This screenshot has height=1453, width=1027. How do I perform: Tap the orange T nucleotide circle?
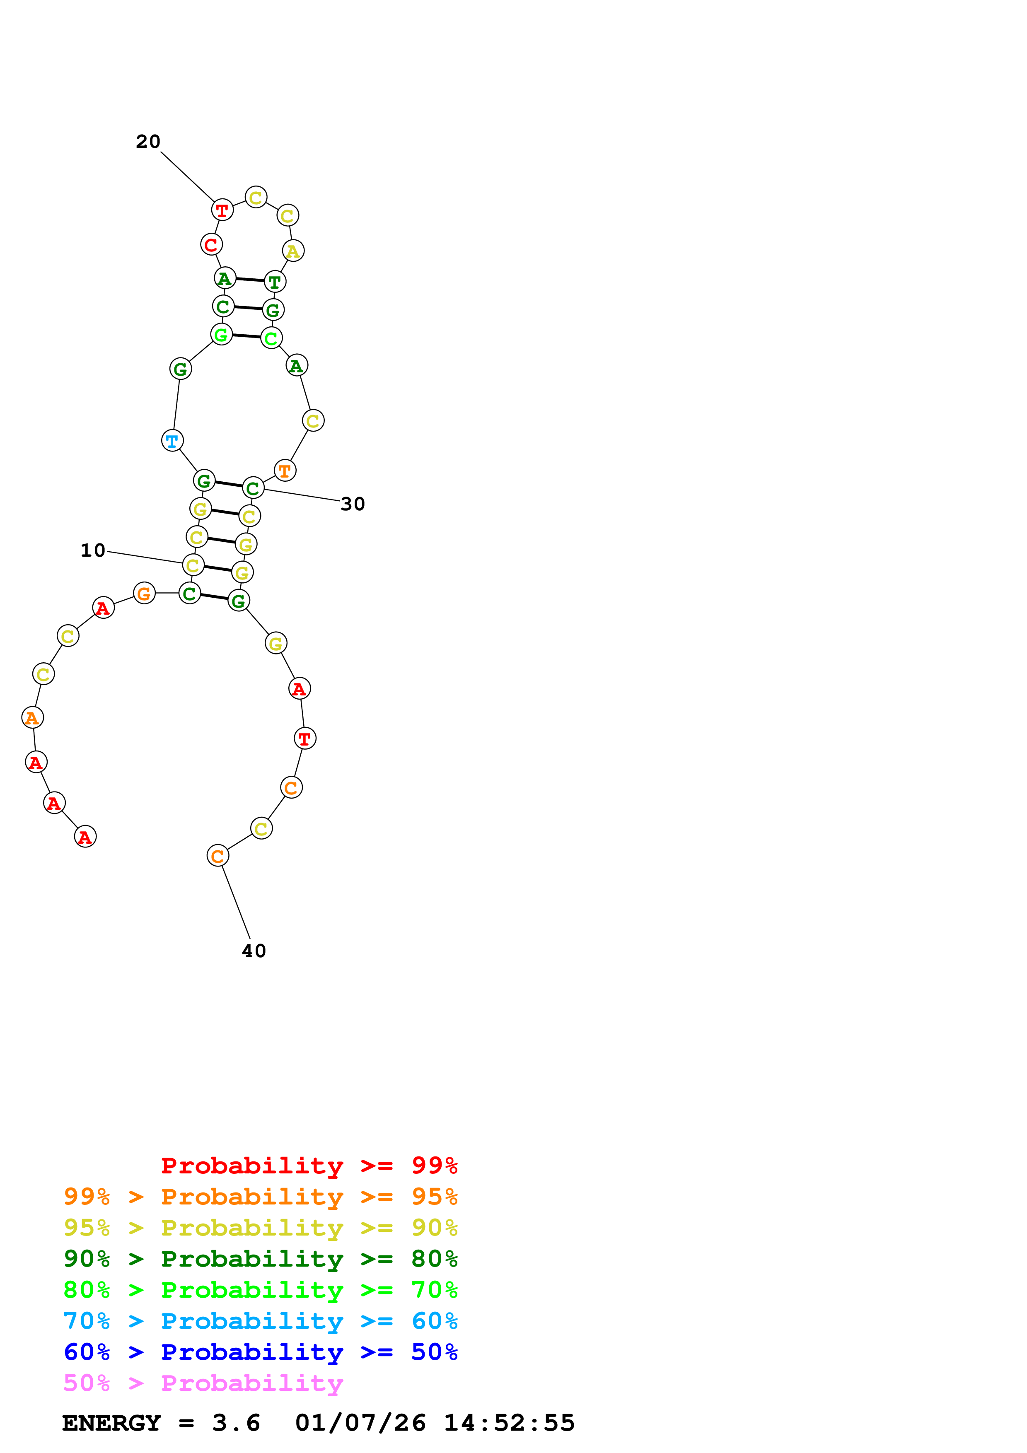pos(285,471)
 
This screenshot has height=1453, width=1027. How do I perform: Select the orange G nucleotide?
pos(144,593)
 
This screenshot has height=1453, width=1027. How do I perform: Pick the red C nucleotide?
pos(211,244)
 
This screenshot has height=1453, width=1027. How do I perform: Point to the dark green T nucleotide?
pos(275,282)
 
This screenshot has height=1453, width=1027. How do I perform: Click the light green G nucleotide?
pos(221,334)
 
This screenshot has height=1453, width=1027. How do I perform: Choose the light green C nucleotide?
pos(271,338)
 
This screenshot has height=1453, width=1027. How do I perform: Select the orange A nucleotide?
pos(32,718)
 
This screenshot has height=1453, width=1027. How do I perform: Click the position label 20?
pos(148,142)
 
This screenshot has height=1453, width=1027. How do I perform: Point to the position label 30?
pos(353,504)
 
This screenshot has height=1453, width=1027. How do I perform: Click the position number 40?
pos(254,951)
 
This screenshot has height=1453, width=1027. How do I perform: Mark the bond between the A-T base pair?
pos(250,279)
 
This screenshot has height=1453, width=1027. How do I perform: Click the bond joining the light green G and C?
pos(246,336)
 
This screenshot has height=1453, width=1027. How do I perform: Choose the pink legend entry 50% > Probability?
pos(203,1383)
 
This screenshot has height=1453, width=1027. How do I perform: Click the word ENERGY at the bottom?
pos(111,1423)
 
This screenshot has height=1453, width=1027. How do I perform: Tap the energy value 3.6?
pos(236,1423)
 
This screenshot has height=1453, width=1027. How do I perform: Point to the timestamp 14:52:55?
pos(509,1423)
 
